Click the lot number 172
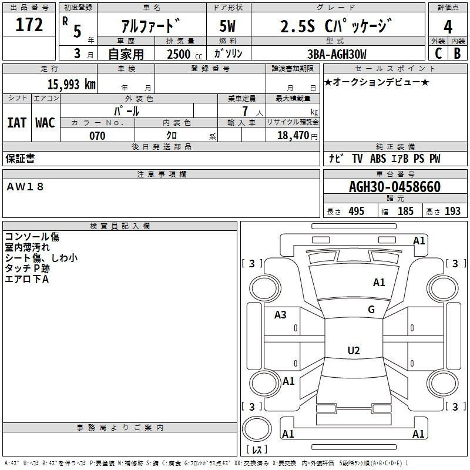coord(29,24)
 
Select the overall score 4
coord(448,26)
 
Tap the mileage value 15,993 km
coord(72,84)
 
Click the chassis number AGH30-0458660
coord(395,187)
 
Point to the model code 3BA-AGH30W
coord(337,54)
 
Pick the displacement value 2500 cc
coord(184,54)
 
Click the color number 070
coord(98,136)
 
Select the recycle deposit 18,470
coord(293,135)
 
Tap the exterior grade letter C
coord(438,53)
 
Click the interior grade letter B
coord(457,53)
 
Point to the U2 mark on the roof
coord(354,350)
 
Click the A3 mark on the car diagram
coord(280,315)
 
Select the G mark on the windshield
coord(371,310)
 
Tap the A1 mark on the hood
coord(379,283)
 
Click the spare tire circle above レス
coord(257,428)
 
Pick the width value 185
coord(405,211)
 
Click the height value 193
coord(452,211)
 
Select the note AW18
coord(25,187)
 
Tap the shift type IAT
coord(17,123)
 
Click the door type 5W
coord(227,26)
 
